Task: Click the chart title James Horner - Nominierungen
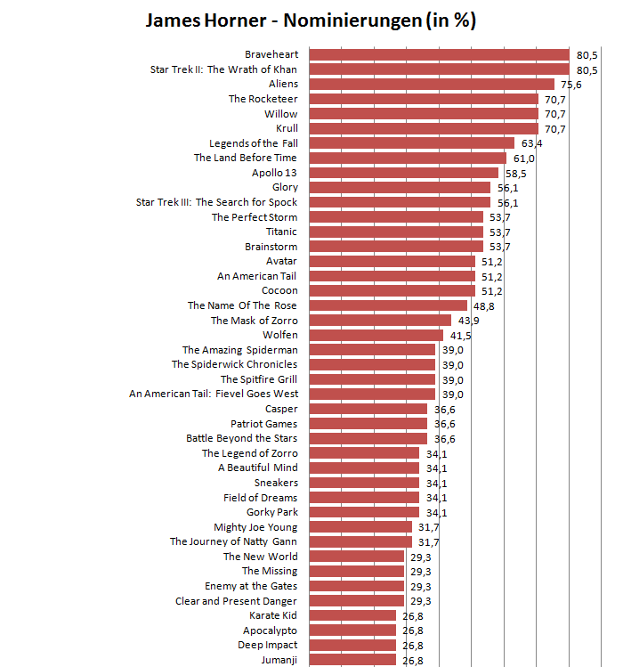point(311,20)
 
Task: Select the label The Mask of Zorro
point(254,321)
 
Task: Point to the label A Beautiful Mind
point(258,468)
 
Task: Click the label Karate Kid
point(273,615)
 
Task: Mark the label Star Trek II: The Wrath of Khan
point(223,69)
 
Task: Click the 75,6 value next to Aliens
point(570,85)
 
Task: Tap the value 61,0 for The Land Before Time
point(522,159)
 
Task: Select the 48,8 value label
point(484,306)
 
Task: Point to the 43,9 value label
point(468,321)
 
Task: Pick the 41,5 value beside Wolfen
point(460,336)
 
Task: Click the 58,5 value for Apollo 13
point(514,173)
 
